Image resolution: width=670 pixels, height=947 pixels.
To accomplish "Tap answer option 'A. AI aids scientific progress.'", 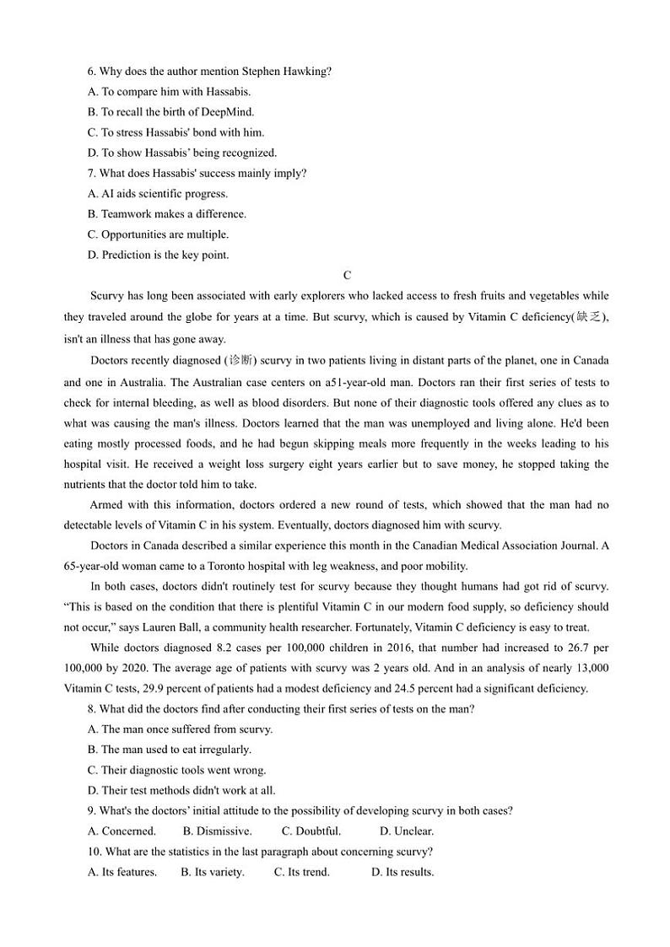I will coord(158,194).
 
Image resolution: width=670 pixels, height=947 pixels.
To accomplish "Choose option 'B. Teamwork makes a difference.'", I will coord(167,214).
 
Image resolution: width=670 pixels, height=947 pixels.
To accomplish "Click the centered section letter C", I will coord(347,276).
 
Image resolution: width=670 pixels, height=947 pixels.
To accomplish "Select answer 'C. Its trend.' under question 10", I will coord(301,872).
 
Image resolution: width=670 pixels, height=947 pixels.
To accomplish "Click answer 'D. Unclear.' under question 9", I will coord(406,831).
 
